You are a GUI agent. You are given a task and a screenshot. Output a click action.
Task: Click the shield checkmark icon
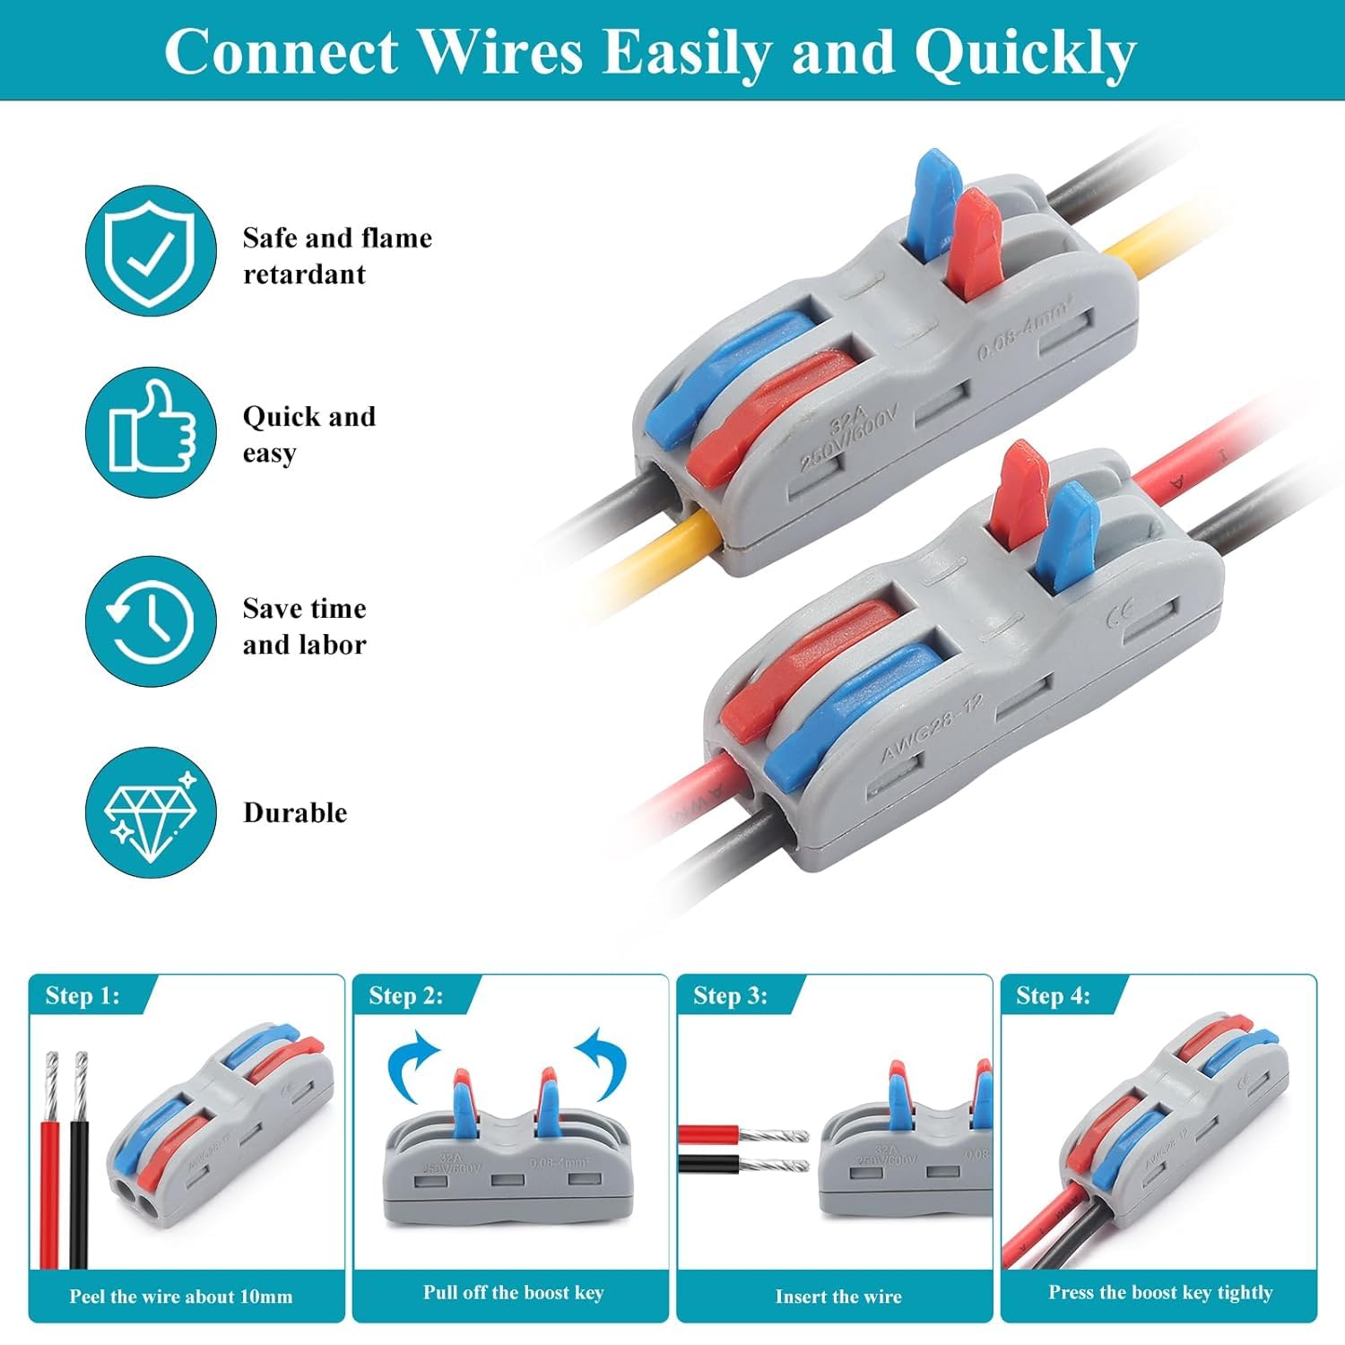tap(151, 251)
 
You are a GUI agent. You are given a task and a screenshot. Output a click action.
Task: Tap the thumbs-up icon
tap(151, 430)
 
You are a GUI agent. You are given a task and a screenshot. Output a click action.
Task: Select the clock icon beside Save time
tap(151, 621)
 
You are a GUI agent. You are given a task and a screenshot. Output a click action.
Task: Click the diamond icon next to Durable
tap(151, 812)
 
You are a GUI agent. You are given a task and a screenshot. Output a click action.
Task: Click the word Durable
tap(295, 812)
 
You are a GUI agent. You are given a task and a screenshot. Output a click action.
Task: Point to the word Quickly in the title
tap(1025, 52)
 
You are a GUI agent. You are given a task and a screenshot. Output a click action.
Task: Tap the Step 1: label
tap(82, 996)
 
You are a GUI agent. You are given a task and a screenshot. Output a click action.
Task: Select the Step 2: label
tap(406, 996)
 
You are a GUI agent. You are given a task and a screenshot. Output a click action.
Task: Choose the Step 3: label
tap(731, 996)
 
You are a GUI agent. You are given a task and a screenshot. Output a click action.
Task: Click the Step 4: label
tap(1054, 996)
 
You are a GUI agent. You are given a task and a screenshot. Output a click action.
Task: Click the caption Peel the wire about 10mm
tap(181, 1297)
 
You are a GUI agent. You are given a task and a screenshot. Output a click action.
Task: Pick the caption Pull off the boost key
tap(514, 1293)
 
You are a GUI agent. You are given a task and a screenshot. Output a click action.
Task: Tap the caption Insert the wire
tap(838, 1297)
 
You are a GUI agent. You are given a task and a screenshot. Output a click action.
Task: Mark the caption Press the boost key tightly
tap(1160, 1293)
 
